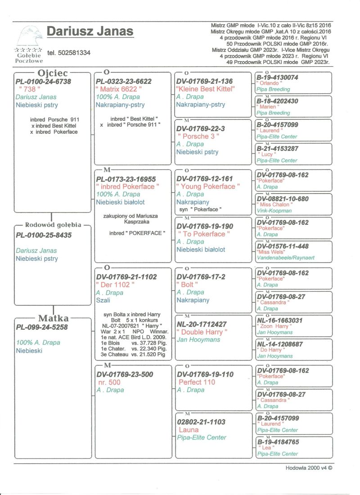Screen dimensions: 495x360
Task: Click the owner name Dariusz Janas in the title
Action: (90, 31)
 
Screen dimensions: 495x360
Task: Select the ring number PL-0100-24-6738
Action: (43, 81)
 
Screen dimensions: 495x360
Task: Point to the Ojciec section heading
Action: (53, 72)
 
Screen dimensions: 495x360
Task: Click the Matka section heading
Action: (53, 319)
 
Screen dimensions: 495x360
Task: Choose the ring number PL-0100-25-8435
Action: (43, 235)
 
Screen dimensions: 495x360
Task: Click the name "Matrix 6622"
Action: (119, 89)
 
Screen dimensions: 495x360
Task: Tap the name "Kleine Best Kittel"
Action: (205, 89)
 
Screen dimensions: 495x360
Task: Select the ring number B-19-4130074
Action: (277, 77)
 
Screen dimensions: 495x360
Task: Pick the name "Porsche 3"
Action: (198, 136)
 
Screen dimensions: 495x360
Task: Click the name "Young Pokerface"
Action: (208, 186)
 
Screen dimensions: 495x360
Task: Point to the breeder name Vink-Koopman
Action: (274, 210)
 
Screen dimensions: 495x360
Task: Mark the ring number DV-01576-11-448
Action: (283, 246)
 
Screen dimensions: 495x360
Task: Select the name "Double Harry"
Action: (202, 332)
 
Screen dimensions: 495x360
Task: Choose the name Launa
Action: (189, 430)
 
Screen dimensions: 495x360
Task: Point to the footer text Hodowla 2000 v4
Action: (308, 468)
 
